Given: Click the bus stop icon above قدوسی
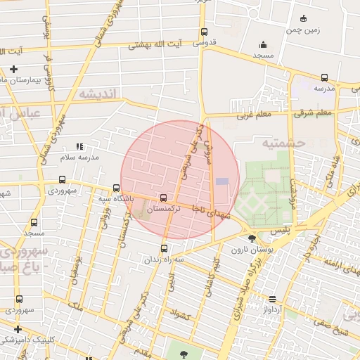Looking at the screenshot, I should click(204, 32).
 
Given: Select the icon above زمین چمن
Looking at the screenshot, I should click(303, 18).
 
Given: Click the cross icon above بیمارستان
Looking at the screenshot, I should click(14, 69).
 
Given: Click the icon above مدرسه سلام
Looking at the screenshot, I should click(79, 147).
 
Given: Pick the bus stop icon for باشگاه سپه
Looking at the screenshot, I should click(116, 188).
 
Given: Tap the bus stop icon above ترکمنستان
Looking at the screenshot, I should click(164, 198).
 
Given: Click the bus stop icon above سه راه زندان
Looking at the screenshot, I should click(165, 248).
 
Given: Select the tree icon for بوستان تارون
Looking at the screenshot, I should click(252, 239).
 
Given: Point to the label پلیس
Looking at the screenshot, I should click(260, 231).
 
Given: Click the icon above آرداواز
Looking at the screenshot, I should click(273, 299).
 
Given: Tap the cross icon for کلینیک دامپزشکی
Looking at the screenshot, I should click(18, 328).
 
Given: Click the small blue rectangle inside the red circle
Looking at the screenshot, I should click(222, 181).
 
